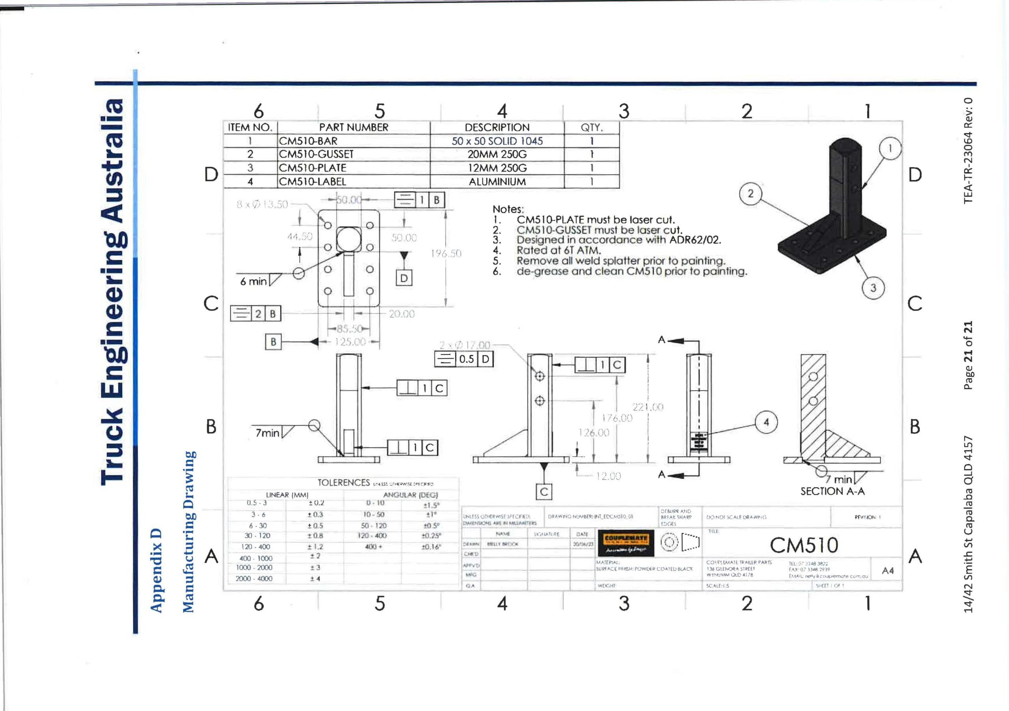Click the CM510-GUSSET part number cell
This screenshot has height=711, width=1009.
point(316,154)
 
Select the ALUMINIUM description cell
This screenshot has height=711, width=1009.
point(497,181)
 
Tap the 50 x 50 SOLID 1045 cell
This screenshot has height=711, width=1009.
point(497,141)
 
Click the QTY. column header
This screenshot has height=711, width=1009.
point(592,127)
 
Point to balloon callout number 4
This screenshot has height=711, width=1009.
point(766,422)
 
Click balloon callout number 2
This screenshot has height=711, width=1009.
point(750,194)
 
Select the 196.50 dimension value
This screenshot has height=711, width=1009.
point(446,253)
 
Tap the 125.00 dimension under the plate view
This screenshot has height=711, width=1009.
point(350,342)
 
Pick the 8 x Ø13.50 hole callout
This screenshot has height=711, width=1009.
point(262,204)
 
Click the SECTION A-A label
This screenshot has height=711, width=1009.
point(832,491)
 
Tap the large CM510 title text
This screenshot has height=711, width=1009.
point(804,545)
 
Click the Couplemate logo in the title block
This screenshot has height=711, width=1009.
point(626,543)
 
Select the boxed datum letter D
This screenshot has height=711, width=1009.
point(404,278)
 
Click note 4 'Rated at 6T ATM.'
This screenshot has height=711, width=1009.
point(558,251)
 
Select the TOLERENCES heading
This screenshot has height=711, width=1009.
point(344,482)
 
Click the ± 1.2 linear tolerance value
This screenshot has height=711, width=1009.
point(315,547)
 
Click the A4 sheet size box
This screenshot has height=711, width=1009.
point(887,570)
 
